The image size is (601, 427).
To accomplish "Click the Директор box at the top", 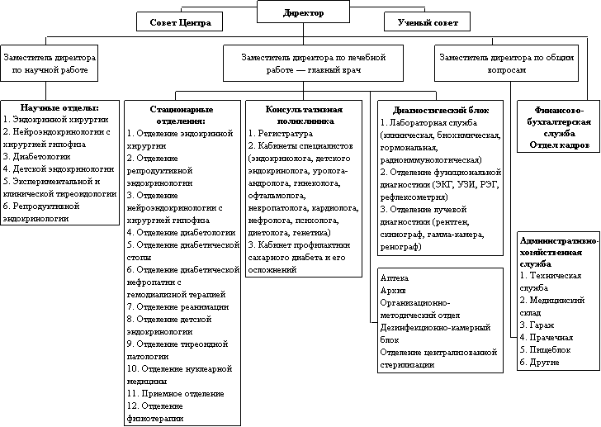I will coord(303,13).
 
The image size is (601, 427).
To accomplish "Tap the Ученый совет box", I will coord(427,22).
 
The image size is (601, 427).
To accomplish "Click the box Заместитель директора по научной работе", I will coord(50,65).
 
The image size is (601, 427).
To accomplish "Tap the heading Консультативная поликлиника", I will coord(303,115).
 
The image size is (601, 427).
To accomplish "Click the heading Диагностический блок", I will coord(440,109).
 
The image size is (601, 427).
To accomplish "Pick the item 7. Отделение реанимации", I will coord(177,306).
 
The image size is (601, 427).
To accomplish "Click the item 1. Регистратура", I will coord(281,132).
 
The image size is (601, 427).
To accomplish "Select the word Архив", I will coord(393,292).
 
